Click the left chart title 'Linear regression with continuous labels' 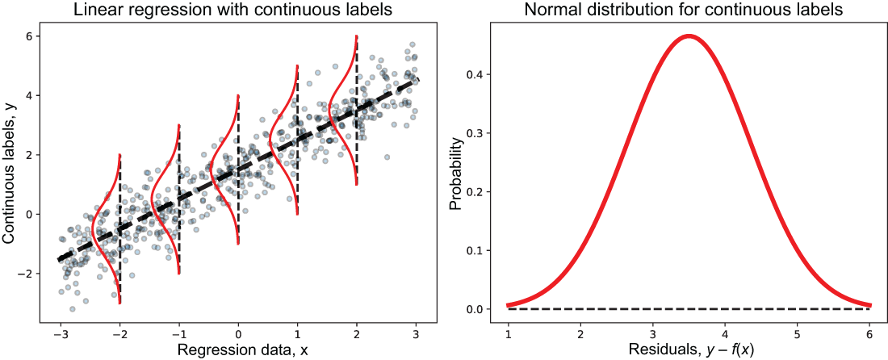pos(238,10)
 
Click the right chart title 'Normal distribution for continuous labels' pos(689,10)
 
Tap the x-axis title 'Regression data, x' pos(238,350)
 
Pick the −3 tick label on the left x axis pos(60,334)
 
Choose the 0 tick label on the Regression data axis pos(238,334)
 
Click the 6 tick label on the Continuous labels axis pos(28,36)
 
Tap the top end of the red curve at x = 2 pos(356,36)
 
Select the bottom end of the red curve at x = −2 pos(120,303)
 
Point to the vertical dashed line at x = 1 pos(298,140)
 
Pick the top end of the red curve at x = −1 pos(179,125)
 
